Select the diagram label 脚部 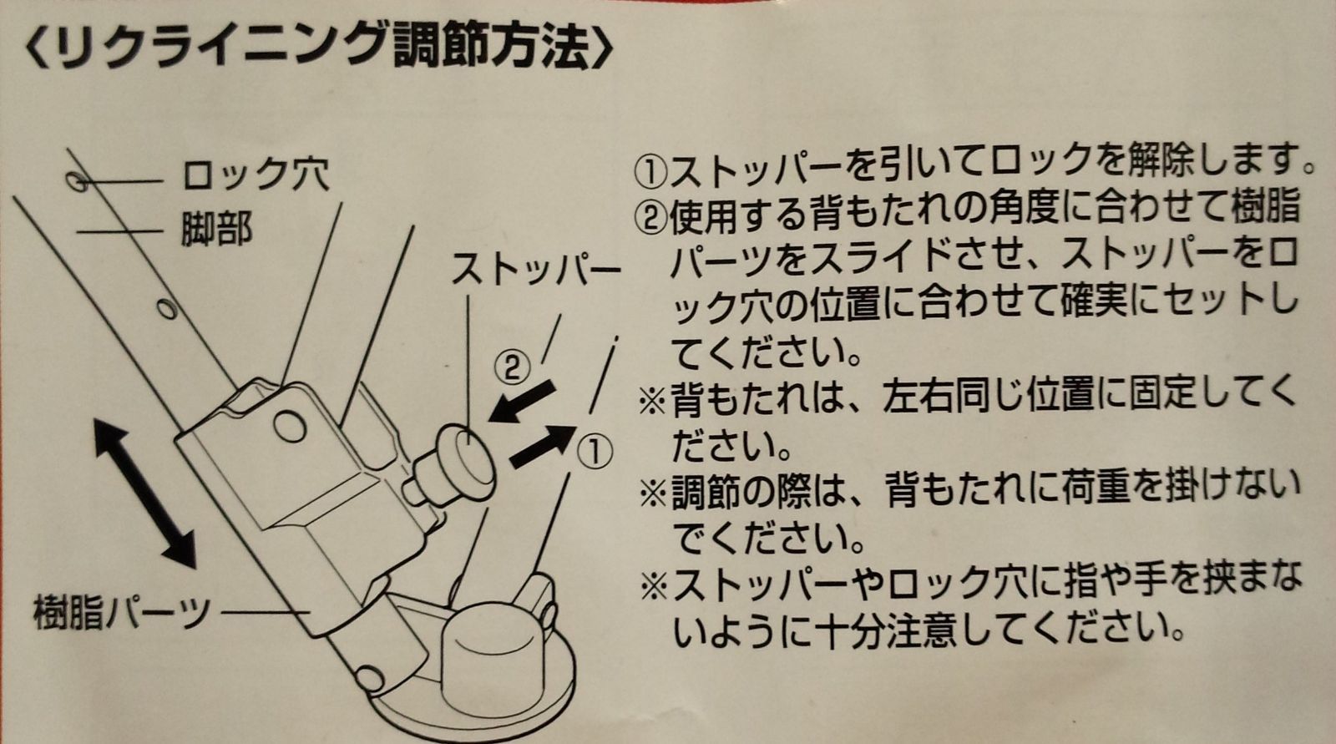click(217, 229)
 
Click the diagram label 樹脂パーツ click(122, 611)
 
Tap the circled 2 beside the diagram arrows click(513, 367)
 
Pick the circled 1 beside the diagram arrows click(594, 453)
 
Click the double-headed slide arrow click(144, 493)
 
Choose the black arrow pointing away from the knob click(543, 445)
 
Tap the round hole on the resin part click(291, 426)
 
